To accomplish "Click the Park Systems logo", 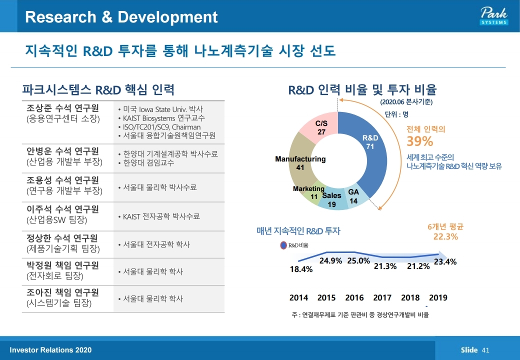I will pyautogui.click(x=493, y=16).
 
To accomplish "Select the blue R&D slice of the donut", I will pyautogui.click(x=372, y=150).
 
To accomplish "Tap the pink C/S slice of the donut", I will pyautogui.click(x=320, y=128).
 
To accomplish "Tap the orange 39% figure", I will pyautogui.click(x=419, y=141).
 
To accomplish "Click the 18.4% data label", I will pyautogui.click(x=301, y=269).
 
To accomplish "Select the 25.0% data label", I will pyautogui.click(x=358, y=260).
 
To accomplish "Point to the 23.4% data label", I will pyautogui.click(x=445, y=261).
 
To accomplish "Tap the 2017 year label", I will pyautogui.click(x=382, y=298).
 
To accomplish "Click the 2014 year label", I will pyautogui.click(x=298, y=298).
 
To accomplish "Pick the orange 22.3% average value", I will pyautogui.click(x=445, y=236).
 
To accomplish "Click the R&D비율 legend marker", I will pyautogui.click(x=283, y=245).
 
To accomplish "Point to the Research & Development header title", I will pyautogui.click(x=121, y=17).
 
